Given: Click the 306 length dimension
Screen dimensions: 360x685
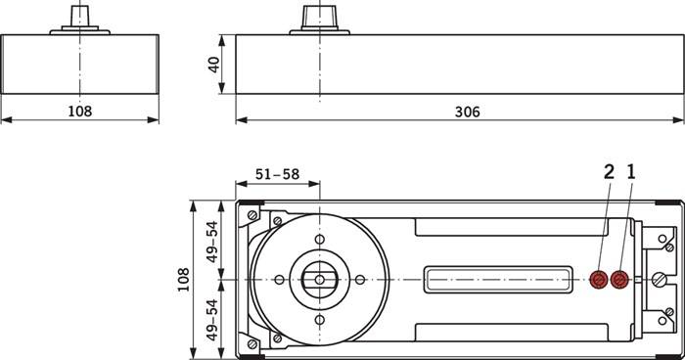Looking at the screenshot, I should point(468,112).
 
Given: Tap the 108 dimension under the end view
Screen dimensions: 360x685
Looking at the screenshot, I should point(79,112).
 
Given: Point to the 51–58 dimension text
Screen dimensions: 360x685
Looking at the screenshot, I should point(277,174).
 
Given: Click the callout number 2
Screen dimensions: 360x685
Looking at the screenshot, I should point(609,172).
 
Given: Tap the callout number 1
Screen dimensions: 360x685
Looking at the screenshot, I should point(631,172).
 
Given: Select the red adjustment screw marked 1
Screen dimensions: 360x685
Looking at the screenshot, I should point(618,280).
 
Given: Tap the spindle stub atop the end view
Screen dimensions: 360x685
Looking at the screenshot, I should point(79,15).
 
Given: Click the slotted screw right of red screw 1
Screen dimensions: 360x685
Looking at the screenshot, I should point(659,280).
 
